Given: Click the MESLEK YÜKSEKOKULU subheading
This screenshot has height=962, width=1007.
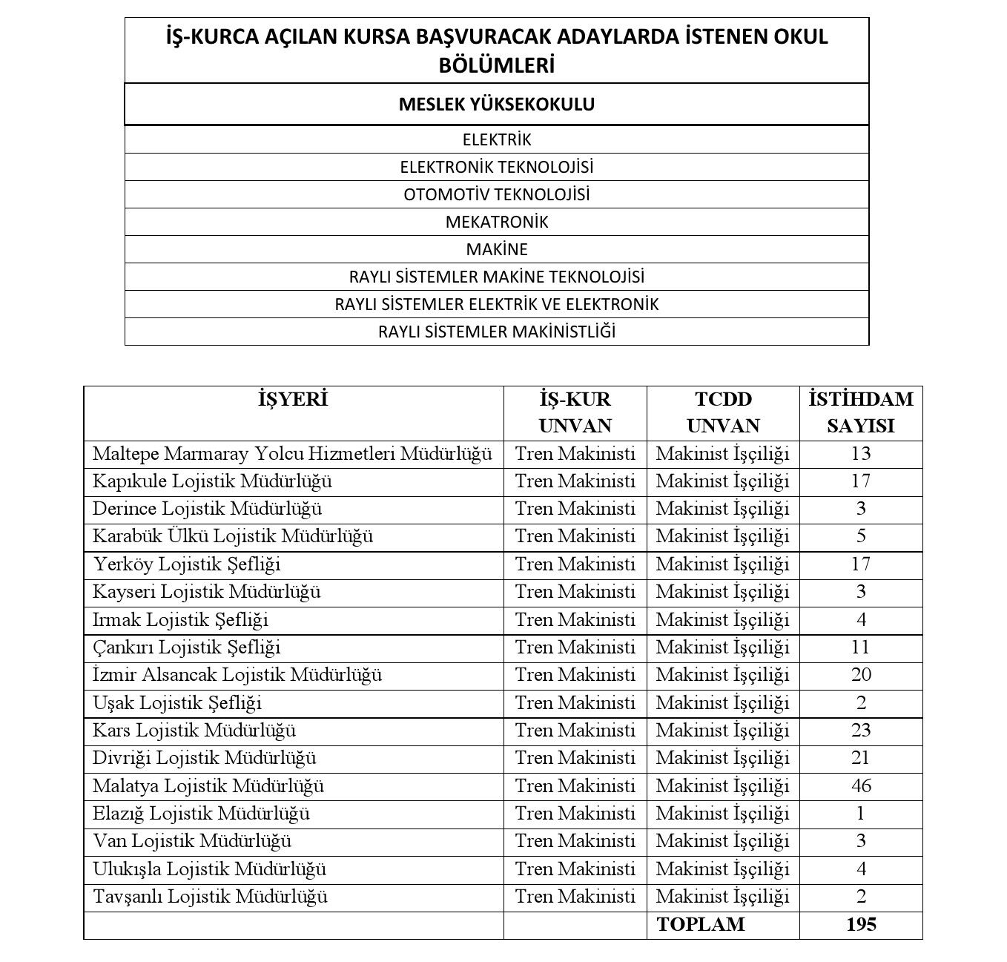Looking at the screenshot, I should click(496, 104).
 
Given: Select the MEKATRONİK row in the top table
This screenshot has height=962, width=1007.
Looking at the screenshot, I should click(496, 222).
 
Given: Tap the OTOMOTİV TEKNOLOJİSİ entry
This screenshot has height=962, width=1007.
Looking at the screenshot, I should click(496, 194).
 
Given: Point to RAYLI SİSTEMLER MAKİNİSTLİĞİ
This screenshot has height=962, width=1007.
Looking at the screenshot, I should click(496, 332).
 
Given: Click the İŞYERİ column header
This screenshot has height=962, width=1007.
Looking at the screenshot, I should click(293, 400).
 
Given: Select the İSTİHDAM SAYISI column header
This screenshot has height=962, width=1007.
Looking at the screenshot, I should click(860, 412).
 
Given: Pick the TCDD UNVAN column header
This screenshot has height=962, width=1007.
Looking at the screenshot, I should click(723, 412).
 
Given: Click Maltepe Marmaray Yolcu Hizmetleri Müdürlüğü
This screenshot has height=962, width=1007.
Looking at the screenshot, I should click(292, 453).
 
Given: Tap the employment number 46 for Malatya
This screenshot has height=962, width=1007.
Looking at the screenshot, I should click(860, 785).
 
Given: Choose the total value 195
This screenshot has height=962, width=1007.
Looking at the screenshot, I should click(860, 924).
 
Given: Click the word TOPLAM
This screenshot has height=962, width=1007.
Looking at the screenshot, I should click(700, 924).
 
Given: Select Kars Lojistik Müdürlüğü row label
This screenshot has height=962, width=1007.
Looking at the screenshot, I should click(194, 731).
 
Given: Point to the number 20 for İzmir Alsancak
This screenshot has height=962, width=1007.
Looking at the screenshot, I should click(860, 675).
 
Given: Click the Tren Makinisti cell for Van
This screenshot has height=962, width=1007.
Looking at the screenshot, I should click(575, 841).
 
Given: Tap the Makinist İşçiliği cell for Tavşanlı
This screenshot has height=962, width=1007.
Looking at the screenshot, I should click(723, 897).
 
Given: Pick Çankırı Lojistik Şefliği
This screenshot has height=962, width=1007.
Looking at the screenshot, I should click(187, 648).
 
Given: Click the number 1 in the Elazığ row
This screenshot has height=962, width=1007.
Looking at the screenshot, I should click(860, 814).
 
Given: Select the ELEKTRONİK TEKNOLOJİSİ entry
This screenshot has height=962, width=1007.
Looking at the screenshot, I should click(496, 167).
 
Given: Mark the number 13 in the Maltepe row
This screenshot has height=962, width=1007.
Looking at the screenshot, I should click(860, 453).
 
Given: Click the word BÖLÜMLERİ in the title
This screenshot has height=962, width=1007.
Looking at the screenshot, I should click(496, 65).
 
